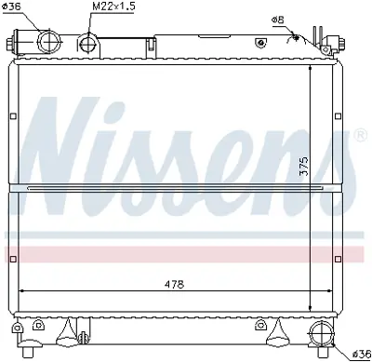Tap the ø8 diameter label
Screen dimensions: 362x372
[278, 20]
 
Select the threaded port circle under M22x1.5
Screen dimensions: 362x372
[88, 43]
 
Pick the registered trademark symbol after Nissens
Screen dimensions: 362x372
[359, 137]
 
